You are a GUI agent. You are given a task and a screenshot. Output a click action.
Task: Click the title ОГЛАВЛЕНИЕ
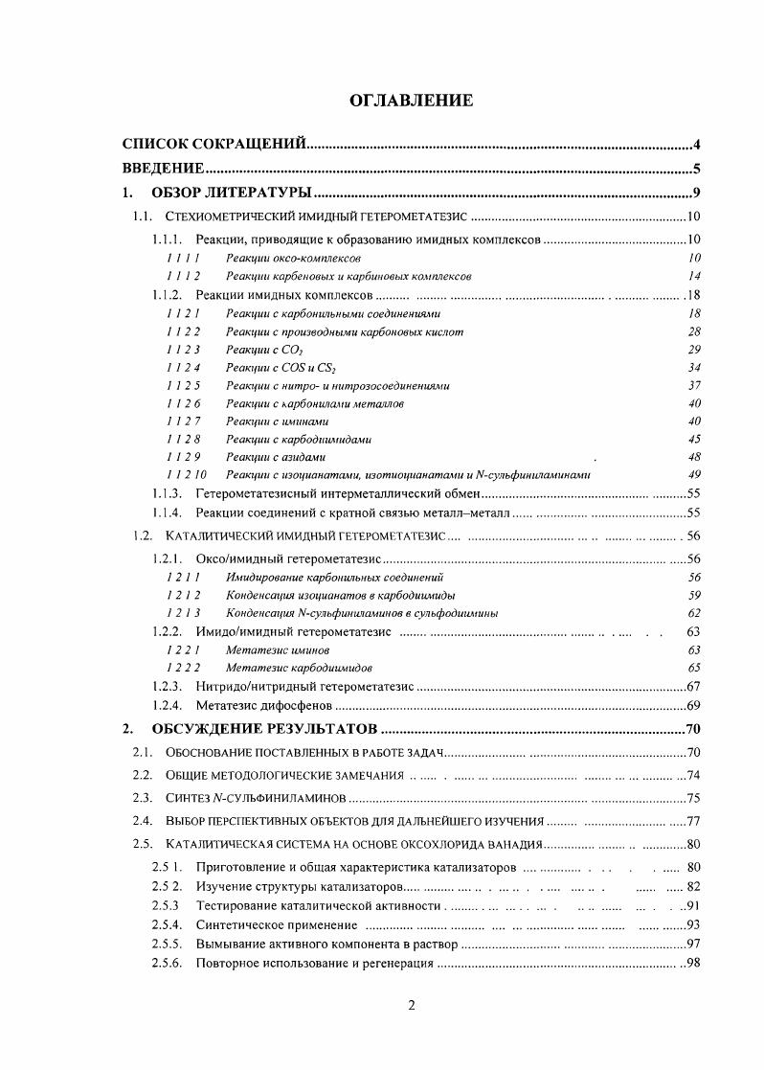tap(397, 101)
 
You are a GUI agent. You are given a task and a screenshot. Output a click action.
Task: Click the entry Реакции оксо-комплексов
tap(293, 259)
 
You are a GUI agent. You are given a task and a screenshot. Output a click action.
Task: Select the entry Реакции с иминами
tap(277, 421)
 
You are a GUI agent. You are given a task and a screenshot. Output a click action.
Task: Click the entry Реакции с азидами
tap(276, 457)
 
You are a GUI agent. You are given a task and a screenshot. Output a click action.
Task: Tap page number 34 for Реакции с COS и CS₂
tap(695, 367)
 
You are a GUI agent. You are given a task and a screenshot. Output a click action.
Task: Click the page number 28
tap(695, 331)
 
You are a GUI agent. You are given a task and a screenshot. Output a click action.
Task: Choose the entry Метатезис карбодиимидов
tap(299, 667)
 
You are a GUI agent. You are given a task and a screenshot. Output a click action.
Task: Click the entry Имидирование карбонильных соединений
tap(334, 578)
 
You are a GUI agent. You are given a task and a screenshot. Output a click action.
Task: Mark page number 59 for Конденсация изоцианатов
tap(695, 595)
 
